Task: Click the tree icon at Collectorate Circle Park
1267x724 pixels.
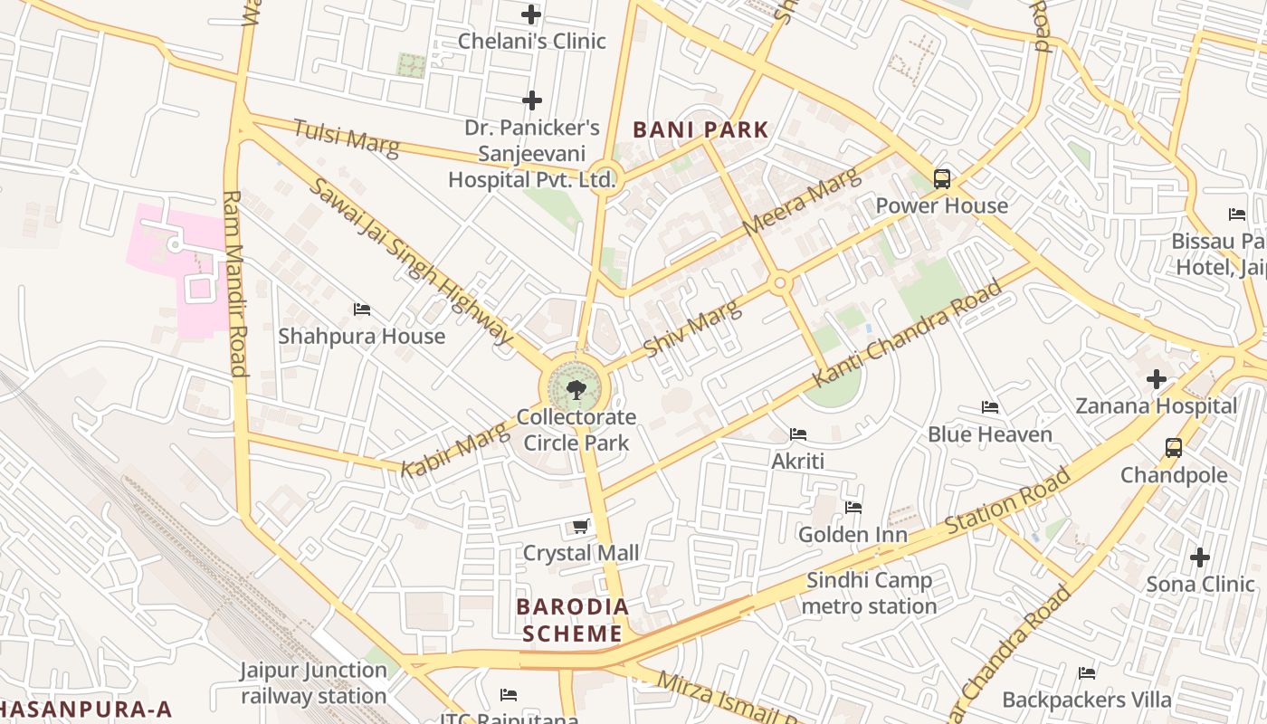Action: pos(575,390)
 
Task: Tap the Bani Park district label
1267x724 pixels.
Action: pos(700,129)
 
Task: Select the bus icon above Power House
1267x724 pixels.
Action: pos(942,178)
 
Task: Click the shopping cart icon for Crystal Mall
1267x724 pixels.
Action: pos(581,526)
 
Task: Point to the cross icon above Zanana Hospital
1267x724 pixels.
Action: pos(1156,378)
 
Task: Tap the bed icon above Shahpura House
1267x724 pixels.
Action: pos(362,310)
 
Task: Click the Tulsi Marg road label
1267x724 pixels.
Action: pos(346,138)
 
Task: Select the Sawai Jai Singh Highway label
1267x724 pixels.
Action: pos(411,261)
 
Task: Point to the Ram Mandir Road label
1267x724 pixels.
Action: pos(234,282)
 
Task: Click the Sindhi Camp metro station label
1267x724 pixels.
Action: pos(870,594)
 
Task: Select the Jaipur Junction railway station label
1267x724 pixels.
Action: pos(313,683)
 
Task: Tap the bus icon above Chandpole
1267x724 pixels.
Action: pos(1173,447)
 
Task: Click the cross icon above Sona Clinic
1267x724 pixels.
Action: pos(1200,557)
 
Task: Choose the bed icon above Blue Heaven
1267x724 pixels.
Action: pos(990,407)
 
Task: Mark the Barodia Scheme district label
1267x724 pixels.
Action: pos(572,620)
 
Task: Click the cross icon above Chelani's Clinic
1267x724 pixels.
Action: pos(531,14)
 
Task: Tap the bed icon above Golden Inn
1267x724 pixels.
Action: pos(853,508)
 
